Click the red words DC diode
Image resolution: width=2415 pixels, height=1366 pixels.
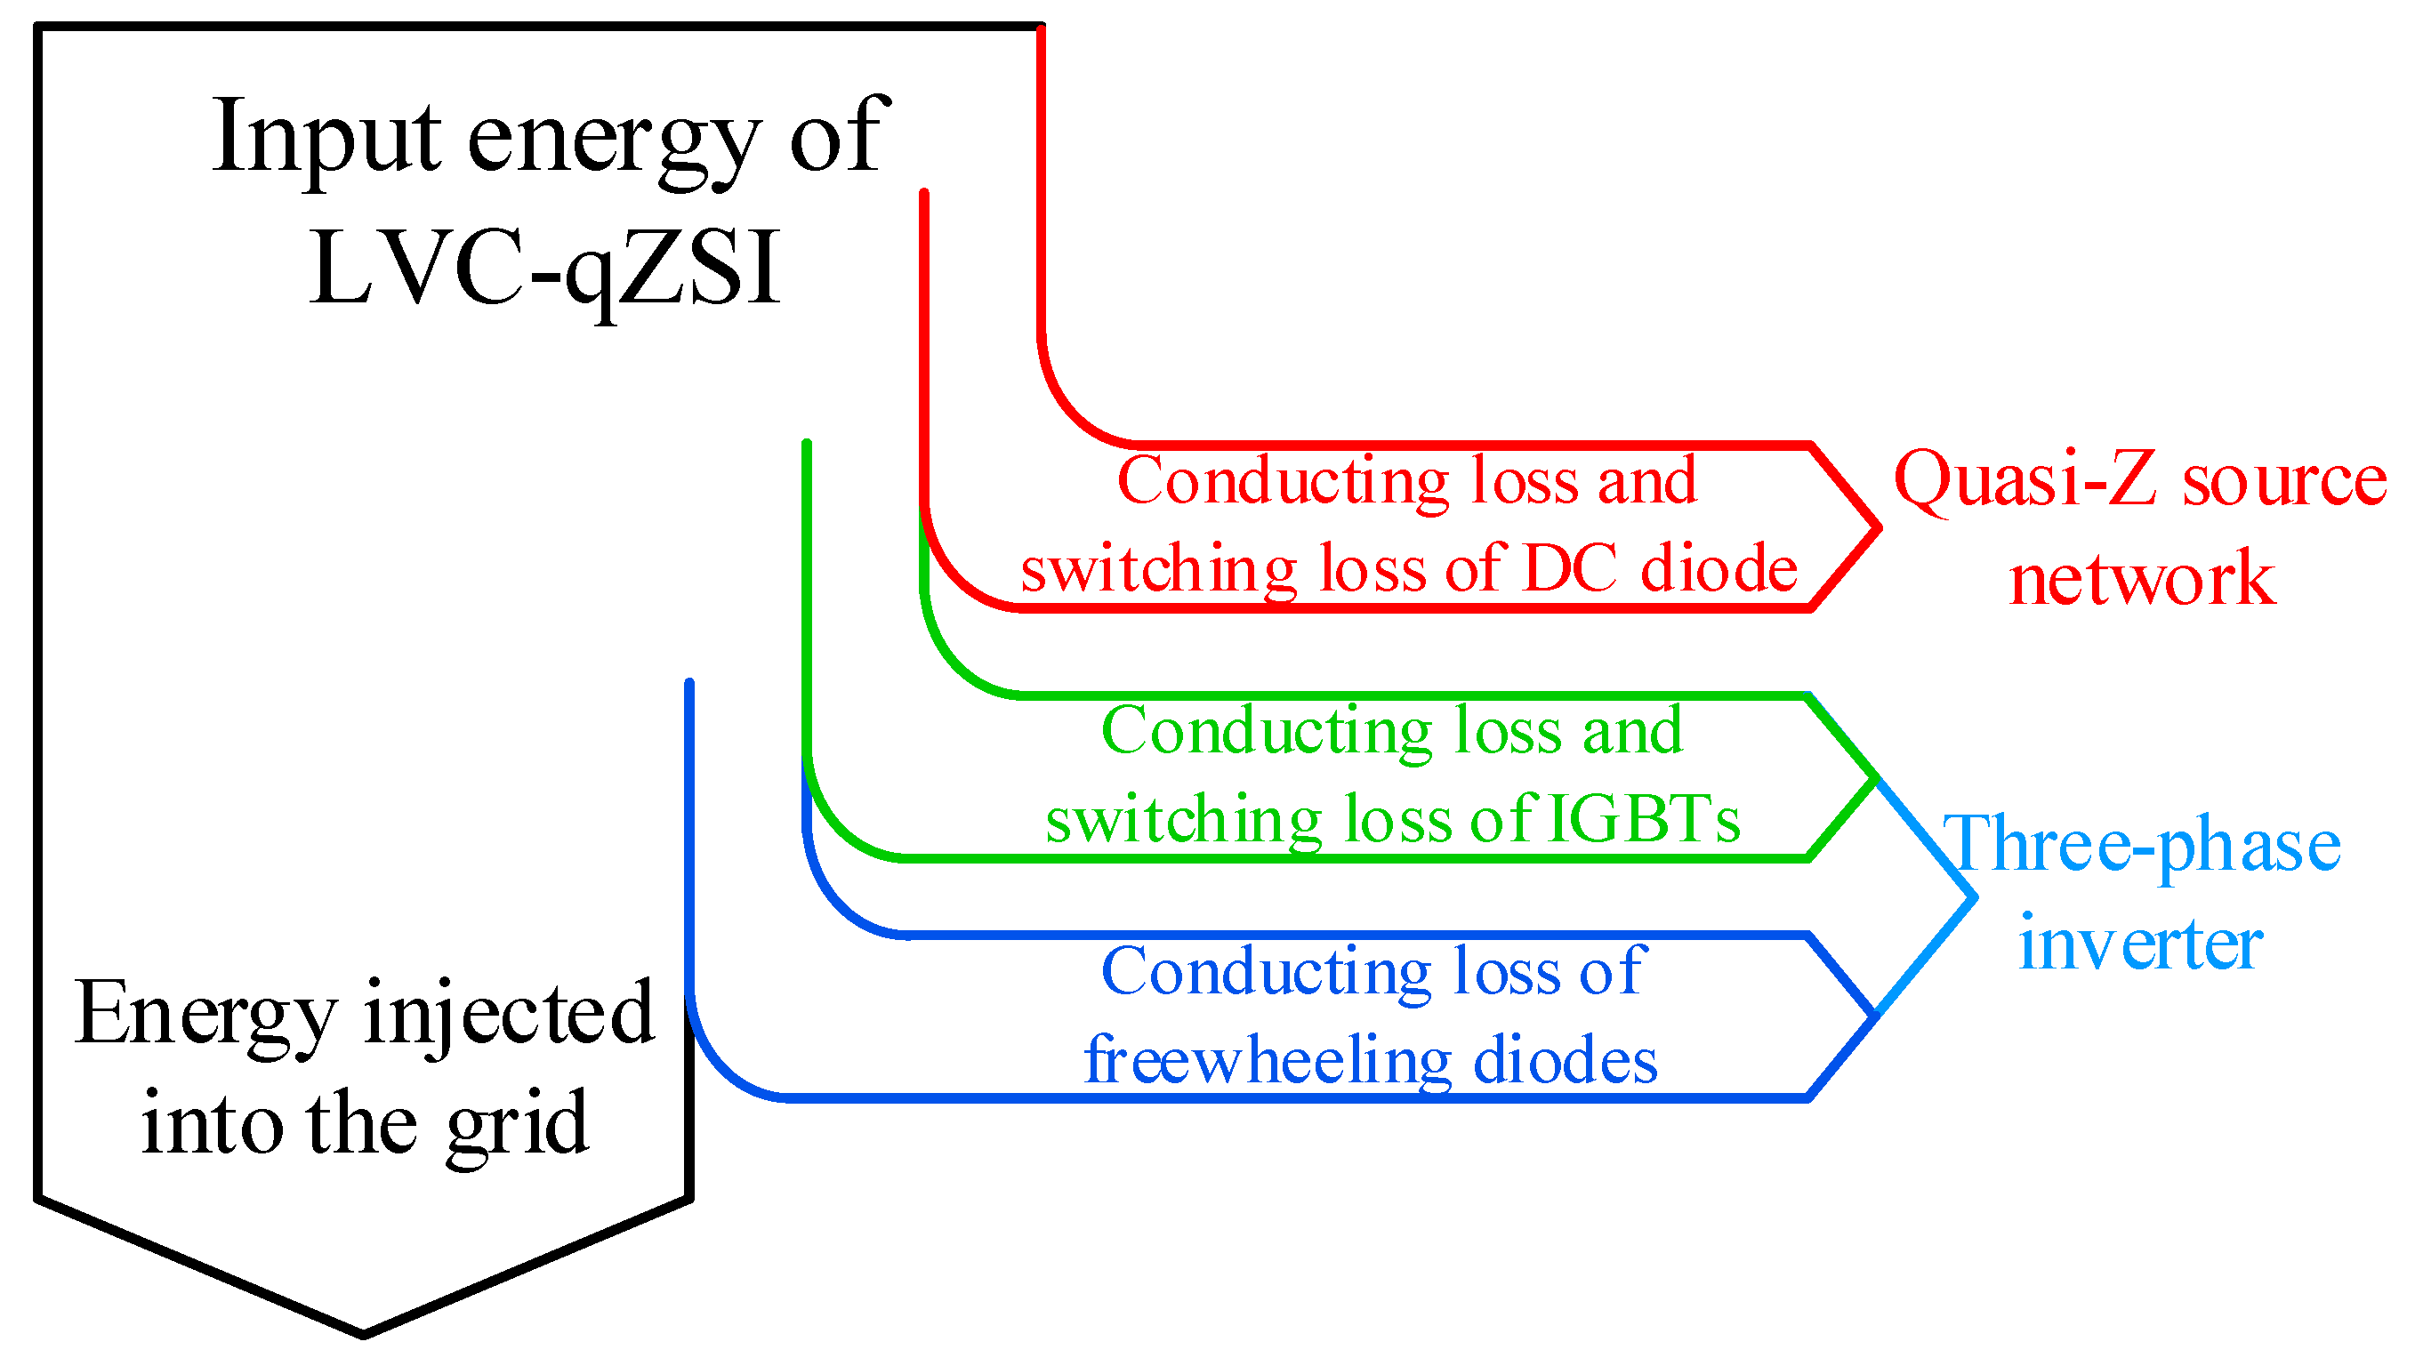tap(1659, 569)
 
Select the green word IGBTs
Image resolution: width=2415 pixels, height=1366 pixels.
tap(1641, 819)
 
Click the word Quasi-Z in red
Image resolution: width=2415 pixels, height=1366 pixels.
tap(2025, 479)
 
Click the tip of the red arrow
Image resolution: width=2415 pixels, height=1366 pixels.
tap(1878, 528)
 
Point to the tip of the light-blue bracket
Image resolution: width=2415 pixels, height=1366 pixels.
tap(1974, 898)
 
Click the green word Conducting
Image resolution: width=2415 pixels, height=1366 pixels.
tap(1267, 731)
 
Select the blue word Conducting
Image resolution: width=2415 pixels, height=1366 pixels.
tap(1267, 972)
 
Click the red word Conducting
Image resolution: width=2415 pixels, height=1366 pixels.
tap(1283, 481)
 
